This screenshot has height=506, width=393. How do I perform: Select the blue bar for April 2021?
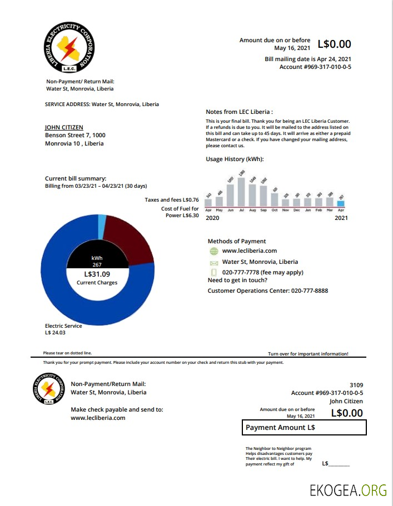(341, 203)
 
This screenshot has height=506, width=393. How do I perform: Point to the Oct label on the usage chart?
(275, 211)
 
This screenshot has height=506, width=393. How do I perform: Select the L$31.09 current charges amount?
(97, 274)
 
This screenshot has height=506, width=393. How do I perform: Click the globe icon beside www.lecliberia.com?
(213, 251)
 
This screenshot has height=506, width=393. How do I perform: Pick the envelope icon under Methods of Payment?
(213, 262)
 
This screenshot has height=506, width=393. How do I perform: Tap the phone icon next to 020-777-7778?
(213, 273)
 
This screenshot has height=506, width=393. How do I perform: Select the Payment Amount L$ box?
(304, 428)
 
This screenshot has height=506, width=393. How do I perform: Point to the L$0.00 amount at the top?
(334, 44)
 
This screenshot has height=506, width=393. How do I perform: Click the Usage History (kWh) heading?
(235, 159)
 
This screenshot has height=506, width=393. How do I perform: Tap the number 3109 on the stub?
(356, 384)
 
